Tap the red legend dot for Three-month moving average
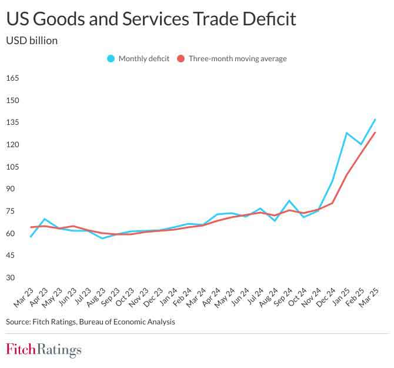click(181, 58)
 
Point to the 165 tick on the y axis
click(13, 78)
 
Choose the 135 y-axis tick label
click(13, 122)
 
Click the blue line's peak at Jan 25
click(347, 133)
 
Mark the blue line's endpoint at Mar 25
click(375, 120)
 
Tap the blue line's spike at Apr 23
click(45, 219)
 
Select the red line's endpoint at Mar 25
click(375, 132)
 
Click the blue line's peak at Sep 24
click(289, 201)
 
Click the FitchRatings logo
click(44, 350)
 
